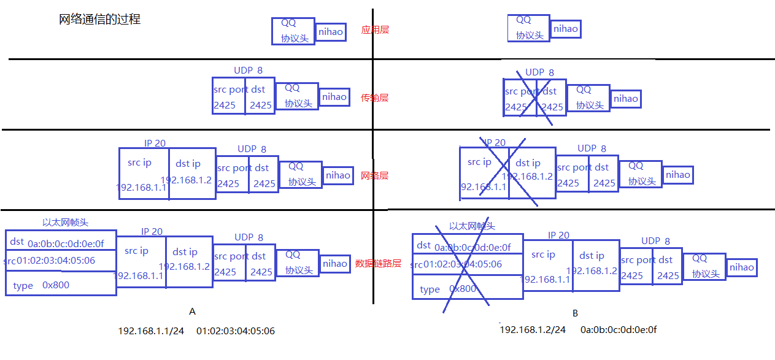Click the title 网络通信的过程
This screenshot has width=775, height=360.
tap(99, 20)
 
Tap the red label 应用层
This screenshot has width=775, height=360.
tap(375, 29)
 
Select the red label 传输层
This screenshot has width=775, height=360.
tap(374, 98)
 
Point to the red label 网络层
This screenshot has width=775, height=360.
tap(374, 176)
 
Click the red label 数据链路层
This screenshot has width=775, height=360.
tap(378, 264)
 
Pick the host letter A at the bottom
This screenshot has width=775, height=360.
tap(192, 312)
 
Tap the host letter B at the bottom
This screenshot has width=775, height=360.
tap(575, 313)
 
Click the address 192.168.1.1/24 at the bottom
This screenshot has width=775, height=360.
tap(151, 331)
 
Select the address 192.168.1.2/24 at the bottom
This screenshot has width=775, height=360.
tap(533, 330)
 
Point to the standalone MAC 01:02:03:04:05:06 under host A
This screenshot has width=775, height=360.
tap(236, 331)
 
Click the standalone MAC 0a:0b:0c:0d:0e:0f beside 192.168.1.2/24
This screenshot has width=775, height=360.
tap(619, 330)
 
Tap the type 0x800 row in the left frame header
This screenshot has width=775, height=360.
tap(60, 285)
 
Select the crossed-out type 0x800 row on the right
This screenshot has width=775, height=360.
tap(467, 289)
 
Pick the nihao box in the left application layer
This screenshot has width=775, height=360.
tap(331, 32)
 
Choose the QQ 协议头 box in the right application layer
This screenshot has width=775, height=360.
tap(528, 28)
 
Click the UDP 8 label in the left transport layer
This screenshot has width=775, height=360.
tap(248, 71)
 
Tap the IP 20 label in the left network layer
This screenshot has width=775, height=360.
tap(155, 143)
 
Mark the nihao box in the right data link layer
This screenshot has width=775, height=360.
tap(741, 267)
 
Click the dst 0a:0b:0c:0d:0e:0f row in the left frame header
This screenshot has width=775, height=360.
tap(60, 242)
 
